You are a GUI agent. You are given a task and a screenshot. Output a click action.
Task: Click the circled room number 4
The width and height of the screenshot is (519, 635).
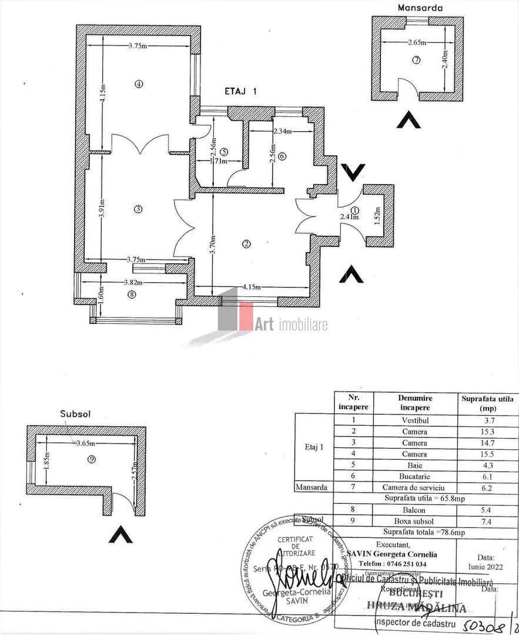(x=139, y=83)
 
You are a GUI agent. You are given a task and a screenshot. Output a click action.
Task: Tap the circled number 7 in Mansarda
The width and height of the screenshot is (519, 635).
(x=417, y=60)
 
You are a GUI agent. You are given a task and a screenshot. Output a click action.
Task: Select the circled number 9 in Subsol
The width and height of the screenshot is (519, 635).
(x=91, y=459)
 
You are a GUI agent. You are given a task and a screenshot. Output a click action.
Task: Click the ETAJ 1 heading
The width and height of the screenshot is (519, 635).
(x=241, y=91)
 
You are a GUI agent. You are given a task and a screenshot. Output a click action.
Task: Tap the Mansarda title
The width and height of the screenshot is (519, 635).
(x=420, y=8)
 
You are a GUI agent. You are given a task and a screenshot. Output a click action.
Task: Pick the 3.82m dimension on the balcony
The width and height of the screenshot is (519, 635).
(x=134, y=282)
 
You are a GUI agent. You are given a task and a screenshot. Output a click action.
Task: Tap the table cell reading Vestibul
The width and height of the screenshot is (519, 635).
(x=414, y=420)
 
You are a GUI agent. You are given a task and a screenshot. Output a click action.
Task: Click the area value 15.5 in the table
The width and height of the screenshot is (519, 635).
(x=485, y=454)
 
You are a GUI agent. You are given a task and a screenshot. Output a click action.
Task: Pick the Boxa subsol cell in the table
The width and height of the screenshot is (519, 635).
(x=414, y=521)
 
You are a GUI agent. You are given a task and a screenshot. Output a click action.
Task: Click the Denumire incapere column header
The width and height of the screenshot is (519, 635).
(x=414, y=403)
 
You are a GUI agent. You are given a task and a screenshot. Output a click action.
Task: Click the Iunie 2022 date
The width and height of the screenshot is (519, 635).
(x=485, y=567)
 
